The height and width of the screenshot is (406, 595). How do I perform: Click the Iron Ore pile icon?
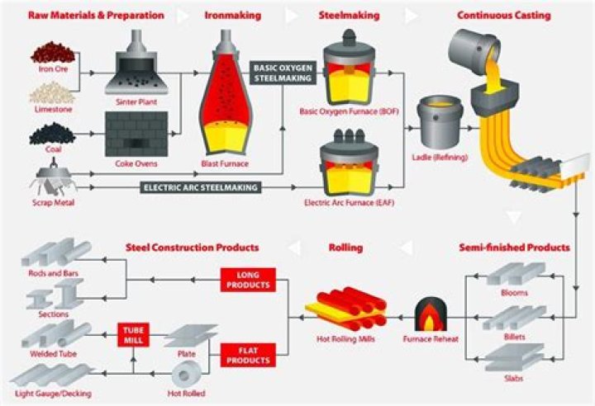[x=52, y=54]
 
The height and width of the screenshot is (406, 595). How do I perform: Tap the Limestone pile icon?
[x=52, y=92]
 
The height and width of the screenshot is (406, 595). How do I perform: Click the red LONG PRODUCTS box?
[x=245, y=280]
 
